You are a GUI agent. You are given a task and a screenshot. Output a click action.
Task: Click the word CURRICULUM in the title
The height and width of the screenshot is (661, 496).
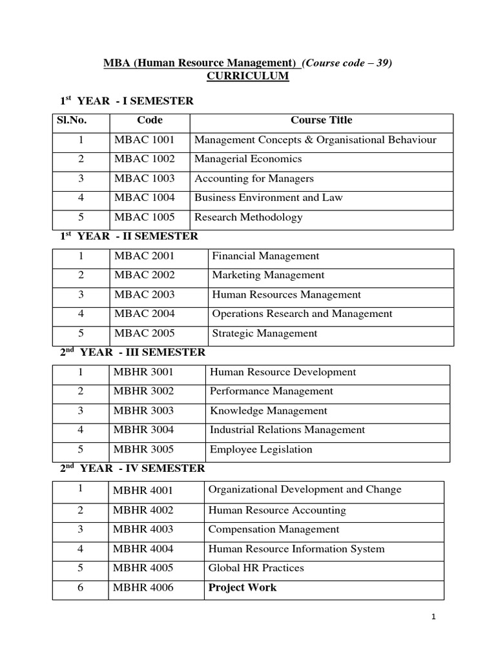247,76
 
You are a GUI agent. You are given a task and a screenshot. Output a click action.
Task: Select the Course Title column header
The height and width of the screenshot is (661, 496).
321,120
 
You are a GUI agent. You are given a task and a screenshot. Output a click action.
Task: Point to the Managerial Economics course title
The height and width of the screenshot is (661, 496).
248,159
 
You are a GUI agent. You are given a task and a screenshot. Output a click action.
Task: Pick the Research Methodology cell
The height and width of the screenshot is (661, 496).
248,217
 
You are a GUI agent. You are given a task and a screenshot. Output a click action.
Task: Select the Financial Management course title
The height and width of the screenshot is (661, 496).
265,256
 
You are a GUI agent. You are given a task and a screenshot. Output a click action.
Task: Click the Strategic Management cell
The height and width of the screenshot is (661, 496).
265,333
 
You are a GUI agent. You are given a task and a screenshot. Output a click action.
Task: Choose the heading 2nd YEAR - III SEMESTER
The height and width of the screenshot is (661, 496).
133,352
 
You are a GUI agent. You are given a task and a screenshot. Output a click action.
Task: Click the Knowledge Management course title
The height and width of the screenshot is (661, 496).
269,411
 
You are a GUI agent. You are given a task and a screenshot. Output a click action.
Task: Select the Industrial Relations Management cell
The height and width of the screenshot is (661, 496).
287,430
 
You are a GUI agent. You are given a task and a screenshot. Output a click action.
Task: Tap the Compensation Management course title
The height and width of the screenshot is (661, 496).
273,529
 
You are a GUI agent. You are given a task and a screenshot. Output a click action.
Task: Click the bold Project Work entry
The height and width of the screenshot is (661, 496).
242,587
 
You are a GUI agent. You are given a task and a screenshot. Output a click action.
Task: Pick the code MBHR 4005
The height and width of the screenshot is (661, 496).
143,568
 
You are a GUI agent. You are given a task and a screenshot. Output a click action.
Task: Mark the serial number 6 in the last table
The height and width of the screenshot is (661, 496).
81,587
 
